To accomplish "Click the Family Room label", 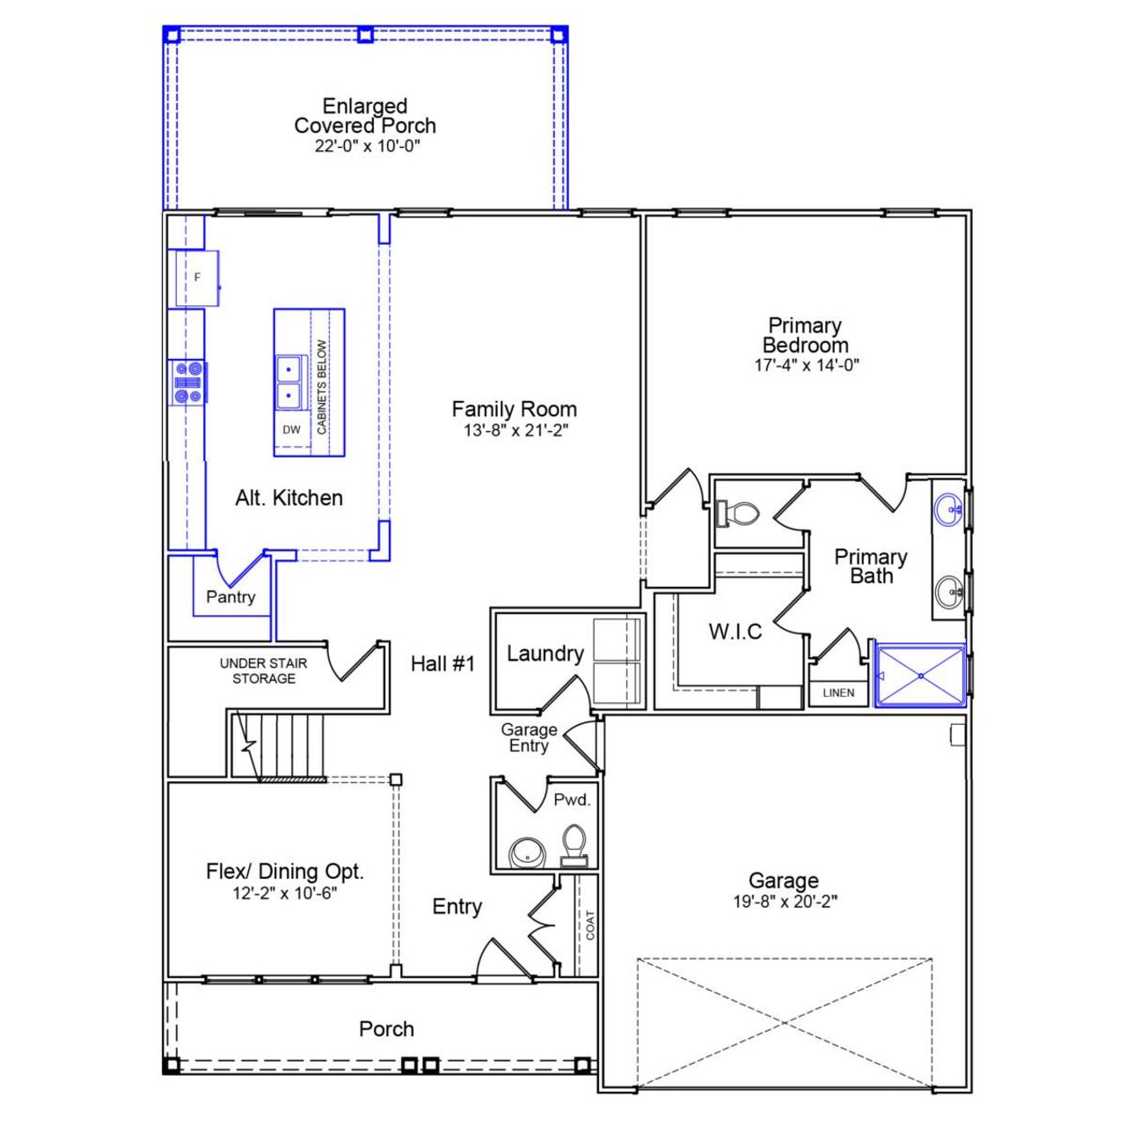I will tap(514, 409).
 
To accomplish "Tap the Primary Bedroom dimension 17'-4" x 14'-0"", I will tap(806, 365).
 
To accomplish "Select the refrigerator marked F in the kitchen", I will tap(197, 278).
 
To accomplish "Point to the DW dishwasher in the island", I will tap(291, 430).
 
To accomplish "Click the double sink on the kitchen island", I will tap(289, 383).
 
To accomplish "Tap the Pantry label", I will tap(230, 596).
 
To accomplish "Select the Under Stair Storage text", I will tap(263, 670).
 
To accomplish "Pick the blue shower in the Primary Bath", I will tap(920, 676).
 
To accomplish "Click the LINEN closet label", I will tap(838, 693).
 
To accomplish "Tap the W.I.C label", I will tap(735, 632).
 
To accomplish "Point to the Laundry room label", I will tap(545, 654).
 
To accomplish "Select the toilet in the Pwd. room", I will tap(574, 844).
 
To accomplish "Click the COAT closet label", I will tap(589, 925).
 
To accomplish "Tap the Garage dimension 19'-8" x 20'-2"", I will tap(785, 902).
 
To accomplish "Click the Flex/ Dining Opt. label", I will tap(284, 872).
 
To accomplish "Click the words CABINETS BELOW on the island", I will tap(322, 387).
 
